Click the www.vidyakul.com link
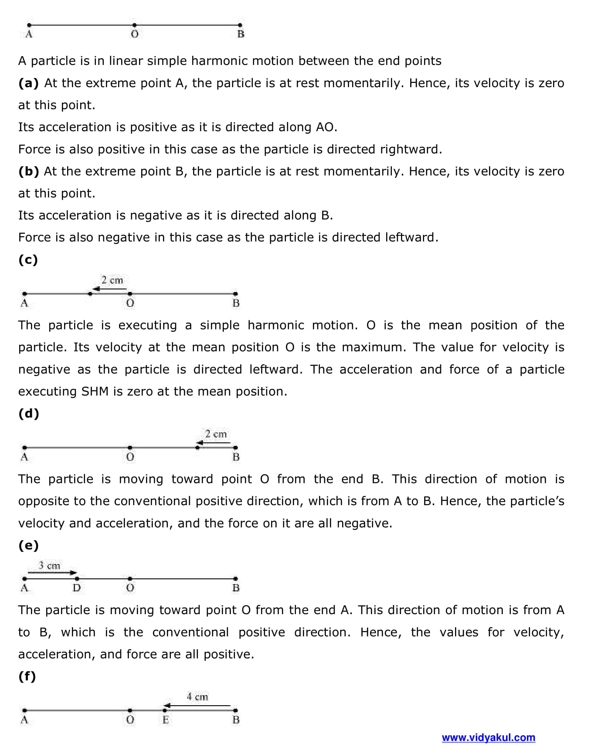click(488, 737)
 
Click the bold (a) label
click(28, 83)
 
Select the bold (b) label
click(28, 171)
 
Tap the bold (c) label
click(28, 260)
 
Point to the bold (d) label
click(28, 413)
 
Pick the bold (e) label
click(28, 545)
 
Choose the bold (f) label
click(27, 676)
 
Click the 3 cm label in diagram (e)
click(49, 565)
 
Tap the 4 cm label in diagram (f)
click(197, 697)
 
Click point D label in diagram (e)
click(77, 588)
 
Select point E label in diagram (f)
click(166, 720)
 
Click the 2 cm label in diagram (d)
click(216, 434)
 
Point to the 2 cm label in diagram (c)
click(112, 280)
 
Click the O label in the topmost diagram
click(134, 34)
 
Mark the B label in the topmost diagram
click(241, 34)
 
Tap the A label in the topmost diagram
click(29, 34)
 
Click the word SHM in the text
click(95, 391)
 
